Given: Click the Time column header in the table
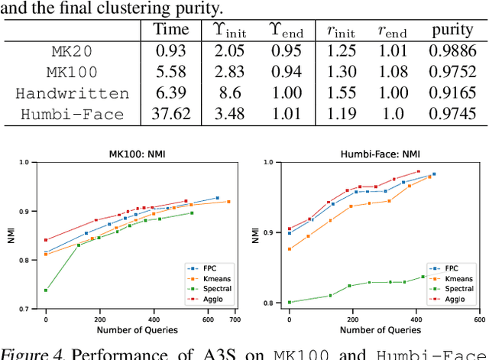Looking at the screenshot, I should click(171, 31).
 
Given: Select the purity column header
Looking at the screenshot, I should click(452, 31).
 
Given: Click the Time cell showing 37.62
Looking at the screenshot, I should click(171, 114).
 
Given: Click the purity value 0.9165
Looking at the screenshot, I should click(452, 94).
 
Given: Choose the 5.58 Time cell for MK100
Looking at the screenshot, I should click(171, 74).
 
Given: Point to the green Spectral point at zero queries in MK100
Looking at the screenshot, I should click(46, 290).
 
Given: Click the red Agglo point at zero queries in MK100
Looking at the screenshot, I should click(46, 240).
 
